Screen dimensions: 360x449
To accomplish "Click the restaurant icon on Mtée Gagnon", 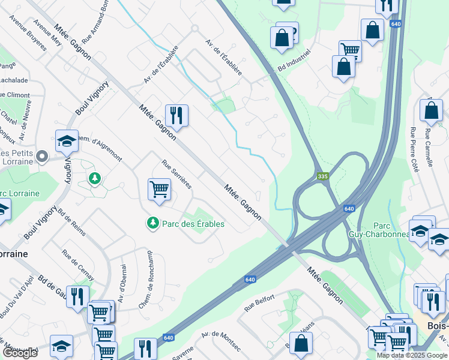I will pyautogui.click(x=176, y=115).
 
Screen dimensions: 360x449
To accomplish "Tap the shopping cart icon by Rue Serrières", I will pyautogui.click(x=160, y=189).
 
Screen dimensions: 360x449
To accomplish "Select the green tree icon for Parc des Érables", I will pyautogui.click(x=153, y=223).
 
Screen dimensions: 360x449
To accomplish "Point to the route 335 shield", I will pyautogui.click(x=323, y=176).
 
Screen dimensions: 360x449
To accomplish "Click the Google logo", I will pyautogui.click(x=20, y=353).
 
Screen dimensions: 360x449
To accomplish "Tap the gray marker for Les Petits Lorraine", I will pyautogui.click(x=42, y=157).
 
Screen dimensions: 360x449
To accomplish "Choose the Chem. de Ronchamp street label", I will pyautogui.click(x=151, y=285).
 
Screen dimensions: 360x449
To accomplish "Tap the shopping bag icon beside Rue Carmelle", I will pyautogui.click(x=432, y=110).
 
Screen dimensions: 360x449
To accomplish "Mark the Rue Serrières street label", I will pyautogui.click(x=176, y=175).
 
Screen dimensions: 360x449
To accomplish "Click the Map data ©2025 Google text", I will pyautogui.click(x=412, y=355).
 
